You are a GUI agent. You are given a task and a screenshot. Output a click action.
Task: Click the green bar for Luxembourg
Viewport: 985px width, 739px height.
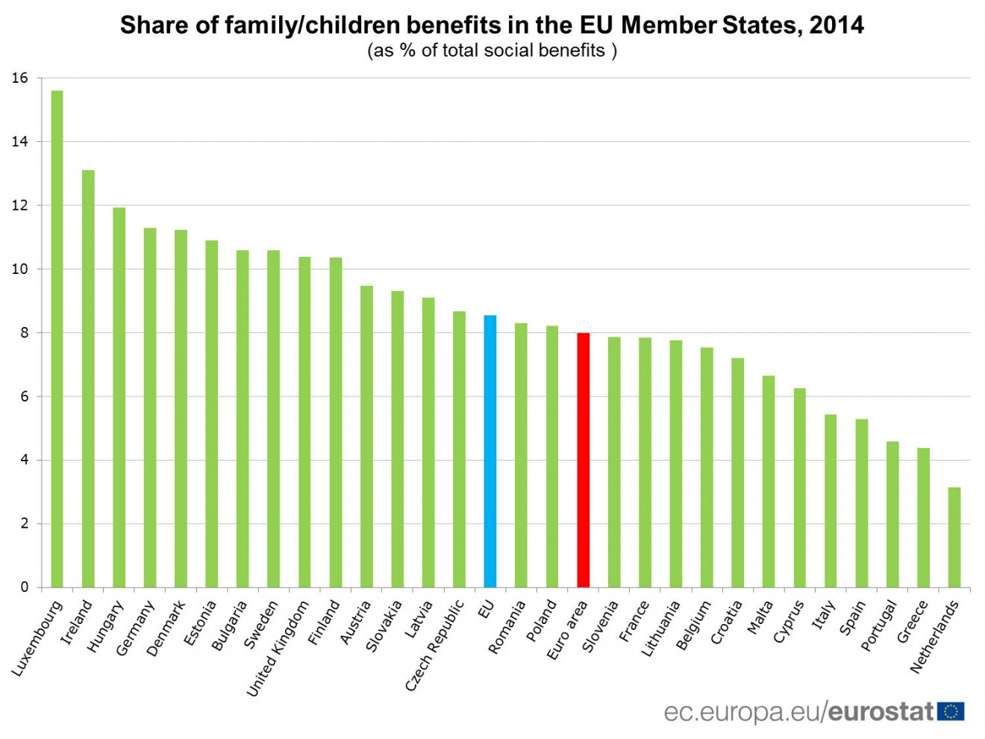coord(57,339)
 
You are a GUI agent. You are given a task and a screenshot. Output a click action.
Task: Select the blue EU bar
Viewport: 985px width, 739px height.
coord(490,451)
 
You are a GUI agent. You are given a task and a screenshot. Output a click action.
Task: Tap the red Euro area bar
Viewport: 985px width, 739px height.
coord(583,460)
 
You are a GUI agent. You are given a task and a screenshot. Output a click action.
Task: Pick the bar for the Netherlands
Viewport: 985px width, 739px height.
coord(954,537)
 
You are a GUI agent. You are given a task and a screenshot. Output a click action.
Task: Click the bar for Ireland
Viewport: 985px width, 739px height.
coord(88,378)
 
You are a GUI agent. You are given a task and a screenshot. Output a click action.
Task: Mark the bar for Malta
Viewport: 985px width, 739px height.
coord(768,481)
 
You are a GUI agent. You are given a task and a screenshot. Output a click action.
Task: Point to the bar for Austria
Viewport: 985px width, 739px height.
coord(366,436)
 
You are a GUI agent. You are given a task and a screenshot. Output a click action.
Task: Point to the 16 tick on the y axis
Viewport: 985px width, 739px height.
coord(20,78)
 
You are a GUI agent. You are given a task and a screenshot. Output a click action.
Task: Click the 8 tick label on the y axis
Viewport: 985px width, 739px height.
coord(25,333)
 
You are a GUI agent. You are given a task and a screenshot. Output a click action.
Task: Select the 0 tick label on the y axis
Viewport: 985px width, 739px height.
coord(25,587)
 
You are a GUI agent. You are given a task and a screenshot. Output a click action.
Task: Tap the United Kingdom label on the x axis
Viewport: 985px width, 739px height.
coord(278,649)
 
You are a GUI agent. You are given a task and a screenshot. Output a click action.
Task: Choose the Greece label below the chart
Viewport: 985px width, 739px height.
coord(913,622)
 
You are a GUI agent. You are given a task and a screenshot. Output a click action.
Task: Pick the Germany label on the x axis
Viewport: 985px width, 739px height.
coord(135,628)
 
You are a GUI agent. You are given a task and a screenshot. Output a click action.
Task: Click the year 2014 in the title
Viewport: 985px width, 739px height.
coord(837,25)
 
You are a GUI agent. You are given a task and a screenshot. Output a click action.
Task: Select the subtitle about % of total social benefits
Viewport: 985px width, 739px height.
coord(492,51)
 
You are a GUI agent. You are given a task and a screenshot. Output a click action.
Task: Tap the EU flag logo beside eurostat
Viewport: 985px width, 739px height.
coord(951,711)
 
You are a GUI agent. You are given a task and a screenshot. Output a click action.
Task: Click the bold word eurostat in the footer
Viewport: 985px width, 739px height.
coord(881,711)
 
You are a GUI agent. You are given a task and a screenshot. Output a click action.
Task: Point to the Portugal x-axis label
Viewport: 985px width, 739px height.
coord(878,626)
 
